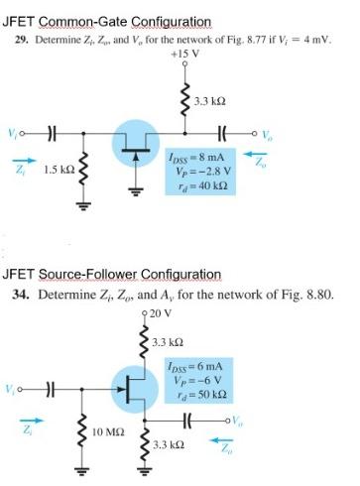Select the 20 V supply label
162,312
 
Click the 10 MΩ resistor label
106,431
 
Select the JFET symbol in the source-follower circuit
133,388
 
